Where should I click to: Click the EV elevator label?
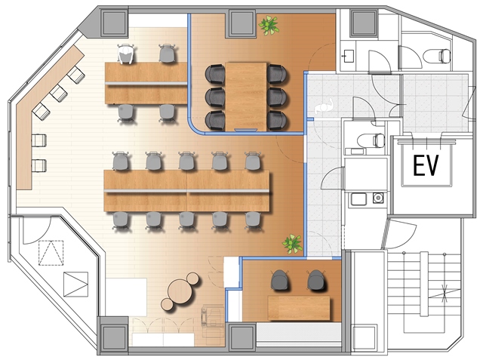pyautogui.click(x=426, y=166)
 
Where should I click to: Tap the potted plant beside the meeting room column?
pyautogui.click(x=269, y=25)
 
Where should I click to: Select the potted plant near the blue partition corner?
pyautogui.click(x=292, y=244)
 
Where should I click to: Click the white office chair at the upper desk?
pyautogui.click(x=126, y=54)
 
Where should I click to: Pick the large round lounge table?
pyautogui.click(x=180, y=291)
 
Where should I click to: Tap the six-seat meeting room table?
pyautogui.click(x=246, y=97)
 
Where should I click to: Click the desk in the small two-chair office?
pyautogui.click(x=299, y=308)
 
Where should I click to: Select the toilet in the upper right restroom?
pyautogui.click(x=437, y=56)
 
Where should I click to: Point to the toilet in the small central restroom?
pyautogui.click(x=371, y=140)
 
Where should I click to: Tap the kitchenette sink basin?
pyautogui.click(x=358, y=199)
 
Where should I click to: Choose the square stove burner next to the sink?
pyautogui.click(x=378, y=198)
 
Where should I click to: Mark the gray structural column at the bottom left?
pyautogui.click(x=113, y=335)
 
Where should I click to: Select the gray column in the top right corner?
pyautogui.click(x=364, y=23)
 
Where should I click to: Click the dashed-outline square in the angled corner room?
pyautogui.click(x=51, y=253)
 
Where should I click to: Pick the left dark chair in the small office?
pyautogui.click(x=280, y=280)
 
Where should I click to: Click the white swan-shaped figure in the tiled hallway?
pyautogui.click(x=325, y=106)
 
